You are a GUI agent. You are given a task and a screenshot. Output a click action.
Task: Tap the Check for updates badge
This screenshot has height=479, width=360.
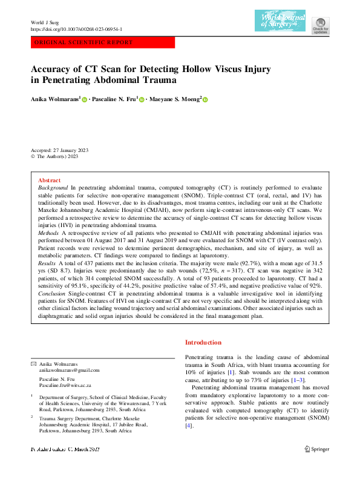click(x=321, y=24)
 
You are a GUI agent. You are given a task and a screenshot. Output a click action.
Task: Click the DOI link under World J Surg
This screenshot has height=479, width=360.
click(x=76, y=28)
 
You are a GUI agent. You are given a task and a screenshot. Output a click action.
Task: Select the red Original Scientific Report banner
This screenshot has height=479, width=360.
click(x=102, y=43)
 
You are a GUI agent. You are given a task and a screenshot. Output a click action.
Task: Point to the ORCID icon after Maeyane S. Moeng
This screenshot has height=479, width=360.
click(x=205, y=99)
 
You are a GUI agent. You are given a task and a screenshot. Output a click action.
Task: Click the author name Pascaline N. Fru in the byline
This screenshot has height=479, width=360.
click(x=114, y=98)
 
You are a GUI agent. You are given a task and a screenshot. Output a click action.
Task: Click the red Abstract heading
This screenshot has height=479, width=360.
click(x=49, y=180)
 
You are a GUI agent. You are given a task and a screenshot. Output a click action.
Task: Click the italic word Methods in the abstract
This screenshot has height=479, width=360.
click(x=48, y=232)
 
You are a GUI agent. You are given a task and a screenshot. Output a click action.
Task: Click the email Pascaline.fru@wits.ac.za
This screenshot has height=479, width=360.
click(x=65, y=385)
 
